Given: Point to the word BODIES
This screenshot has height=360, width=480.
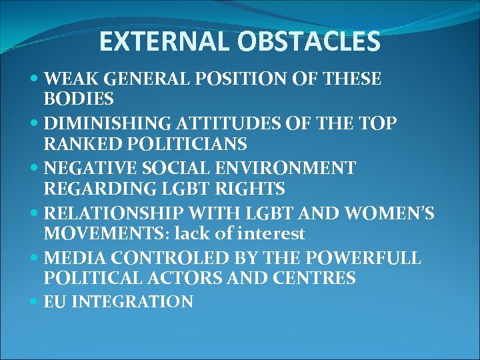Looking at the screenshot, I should pos(78,99).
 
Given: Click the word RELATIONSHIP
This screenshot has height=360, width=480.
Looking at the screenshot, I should pos(115,213).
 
